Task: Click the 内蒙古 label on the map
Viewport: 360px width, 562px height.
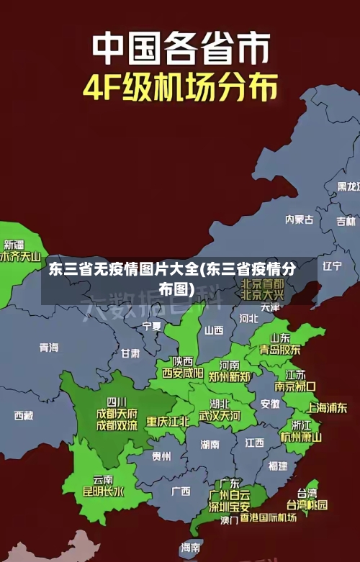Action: (300, 199)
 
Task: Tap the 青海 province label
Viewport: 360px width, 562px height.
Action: (49, 348)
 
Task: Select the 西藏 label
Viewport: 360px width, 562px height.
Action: (24, 415)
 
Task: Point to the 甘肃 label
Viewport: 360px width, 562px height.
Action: (130, 353)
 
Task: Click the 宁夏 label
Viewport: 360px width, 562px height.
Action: (152, 326)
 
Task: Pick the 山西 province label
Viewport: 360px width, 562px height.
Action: (214, 330)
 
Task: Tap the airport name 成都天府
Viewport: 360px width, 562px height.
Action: (117, 413)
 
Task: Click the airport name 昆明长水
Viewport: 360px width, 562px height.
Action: (104, 492)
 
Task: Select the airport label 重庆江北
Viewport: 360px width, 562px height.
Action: (168, 421)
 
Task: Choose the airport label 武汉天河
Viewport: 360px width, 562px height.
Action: (220, 416)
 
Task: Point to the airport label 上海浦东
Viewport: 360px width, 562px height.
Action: (327, 407)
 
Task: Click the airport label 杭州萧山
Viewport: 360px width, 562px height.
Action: (301, 437)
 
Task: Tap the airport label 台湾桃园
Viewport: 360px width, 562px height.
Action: (307, 505)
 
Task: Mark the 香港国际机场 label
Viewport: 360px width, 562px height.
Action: (269, 518)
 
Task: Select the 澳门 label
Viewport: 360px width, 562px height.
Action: (229, 520)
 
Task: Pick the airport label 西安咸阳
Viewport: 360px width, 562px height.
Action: (182, 373)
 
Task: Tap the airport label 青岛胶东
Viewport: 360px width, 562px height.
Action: (280, 350)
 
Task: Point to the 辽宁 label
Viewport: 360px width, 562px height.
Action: (332, 266)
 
